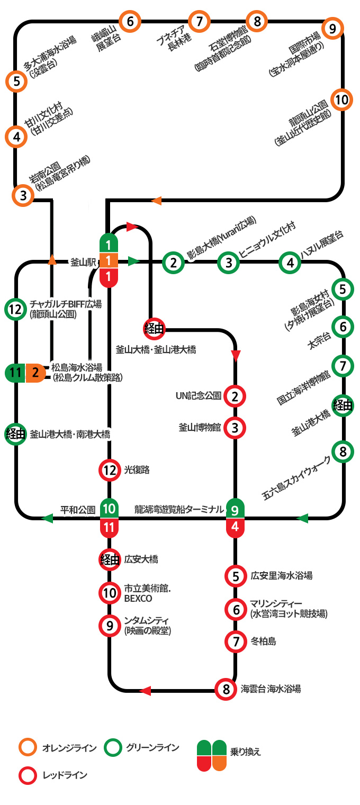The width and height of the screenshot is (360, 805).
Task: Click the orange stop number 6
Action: tap(130, 22)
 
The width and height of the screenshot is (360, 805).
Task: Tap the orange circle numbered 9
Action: tap(332, 29)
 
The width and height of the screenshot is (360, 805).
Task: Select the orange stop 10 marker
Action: tap(341, 100)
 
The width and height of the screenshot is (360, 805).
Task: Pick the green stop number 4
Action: tap(290, 262)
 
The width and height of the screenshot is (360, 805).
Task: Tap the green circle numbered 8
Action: tap(343, 452)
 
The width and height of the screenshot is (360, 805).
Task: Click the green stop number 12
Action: tap(16, 310)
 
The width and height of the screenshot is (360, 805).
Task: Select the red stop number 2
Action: tap(235, 395)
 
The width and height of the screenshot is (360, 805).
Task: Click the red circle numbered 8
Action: tap(226, 689)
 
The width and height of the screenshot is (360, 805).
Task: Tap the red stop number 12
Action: tap(110, 469)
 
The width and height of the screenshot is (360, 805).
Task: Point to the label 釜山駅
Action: tap(83, 261)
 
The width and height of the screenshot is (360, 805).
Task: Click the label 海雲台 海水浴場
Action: tap(271, 689)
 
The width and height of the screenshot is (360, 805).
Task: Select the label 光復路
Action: tap(137, 469)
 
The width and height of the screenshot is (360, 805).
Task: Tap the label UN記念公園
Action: tap(199, 395)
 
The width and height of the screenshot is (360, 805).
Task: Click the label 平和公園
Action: tap(77, 510)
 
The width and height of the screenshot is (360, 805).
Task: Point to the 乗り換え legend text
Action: tap(246, 751)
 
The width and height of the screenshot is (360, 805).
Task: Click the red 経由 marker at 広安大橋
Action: tap(110, 559)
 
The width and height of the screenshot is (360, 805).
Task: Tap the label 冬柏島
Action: tap(263, 641)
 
